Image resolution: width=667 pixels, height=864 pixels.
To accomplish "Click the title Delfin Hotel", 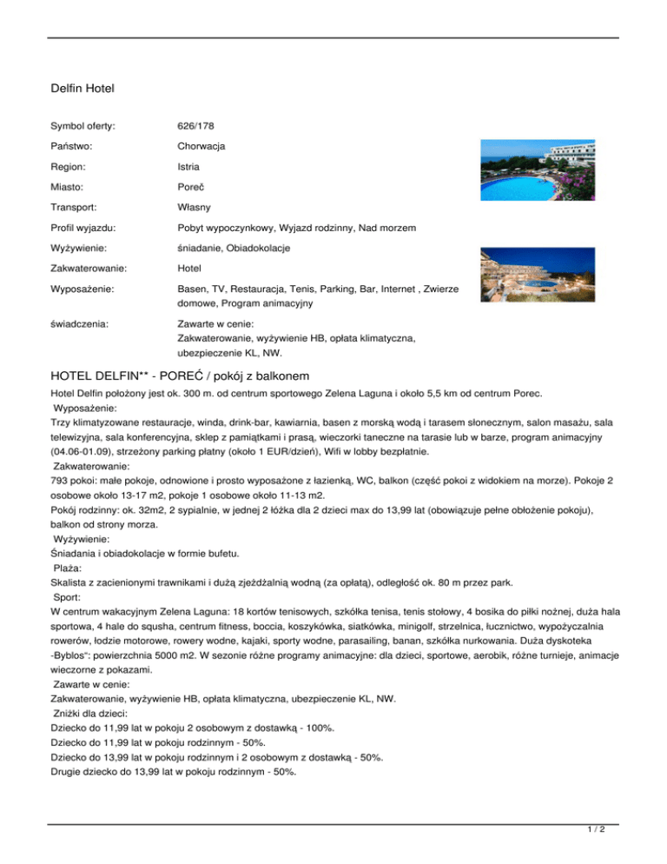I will [83, 89].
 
